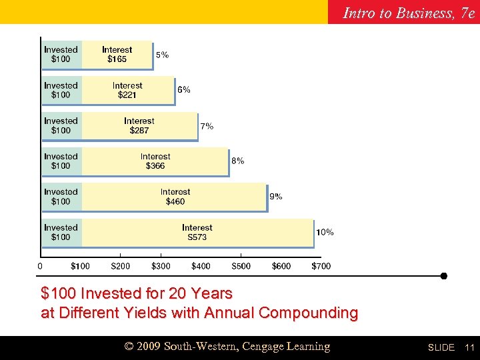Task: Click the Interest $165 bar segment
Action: pyautogui.click(x=117, y=55)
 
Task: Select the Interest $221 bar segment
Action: pyautogui.click(x=127, y=90)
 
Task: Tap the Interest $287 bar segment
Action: pyautogui.click(x=139, y=125)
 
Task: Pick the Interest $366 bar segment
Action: pyautogui.click(x=155, y=161)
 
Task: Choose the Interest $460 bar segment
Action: pyautogui.click(x=175, y=197)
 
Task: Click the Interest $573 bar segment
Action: pyautogui.click(x=197, y=232)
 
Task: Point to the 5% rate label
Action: pyautogui.click(x=162, y=55)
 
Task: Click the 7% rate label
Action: pyautogui.click(x=207, y=126)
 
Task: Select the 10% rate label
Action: pyautogui.click(x=325, y=232)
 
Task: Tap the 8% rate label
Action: pyautogui.click(x=237, y=161)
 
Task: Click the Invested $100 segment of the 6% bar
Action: pyautogui.click(x=61, y=90)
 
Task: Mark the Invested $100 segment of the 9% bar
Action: pyautogui.click(x=61, y=197)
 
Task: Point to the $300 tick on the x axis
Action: pyautogui.click(x=161, y=266)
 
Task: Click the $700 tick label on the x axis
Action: pyautogui.click(x=321, y=266)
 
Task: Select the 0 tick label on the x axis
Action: pyautogui.click(x=40, y=266)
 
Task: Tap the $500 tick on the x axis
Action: pyautogui.click(x=241, y=266)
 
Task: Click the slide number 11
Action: pyautogui.click(x=469, y=347)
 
